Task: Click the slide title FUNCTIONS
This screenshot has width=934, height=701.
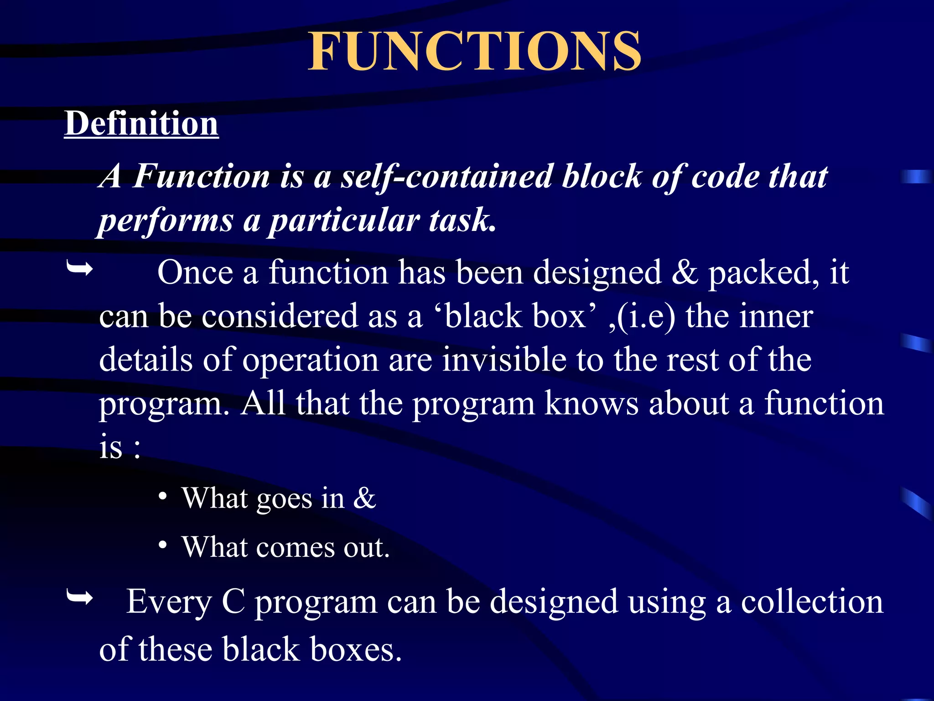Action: tap(475, 51)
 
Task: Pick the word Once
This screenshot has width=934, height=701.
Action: tap(195, 272)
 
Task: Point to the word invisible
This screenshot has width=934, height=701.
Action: tap(504, 360)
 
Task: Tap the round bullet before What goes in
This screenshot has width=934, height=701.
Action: tap(163, 496)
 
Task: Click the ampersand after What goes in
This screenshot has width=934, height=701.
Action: tap(364, 498)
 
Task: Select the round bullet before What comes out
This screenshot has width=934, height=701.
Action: tap(163, 545)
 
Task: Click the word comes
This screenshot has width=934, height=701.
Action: tap(296, 547)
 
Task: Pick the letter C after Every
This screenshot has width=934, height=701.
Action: tap(233, 602)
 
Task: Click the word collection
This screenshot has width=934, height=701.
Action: tap(812, 602)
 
